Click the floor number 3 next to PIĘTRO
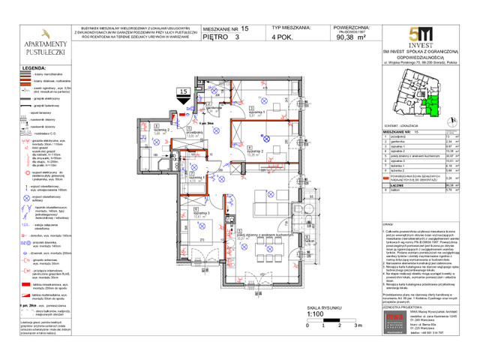coord(238,36)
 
